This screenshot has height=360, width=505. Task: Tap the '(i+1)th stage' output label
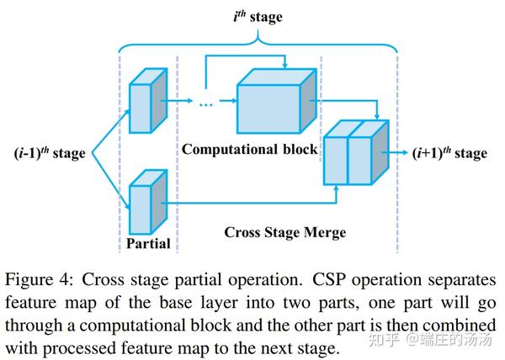coord(449,152)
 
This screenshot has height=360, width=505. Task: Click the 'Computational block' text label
coord(250,149)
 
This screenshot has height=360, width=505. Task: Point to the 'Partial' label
coord(149,244)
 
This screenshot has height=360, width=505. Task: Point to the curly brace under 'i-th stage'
coord(258,38)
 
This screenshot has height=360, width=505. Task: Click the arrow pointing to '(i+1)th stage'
coord(396,152)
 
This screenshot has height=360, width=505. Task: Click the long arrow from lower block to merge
coord(252,201)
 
